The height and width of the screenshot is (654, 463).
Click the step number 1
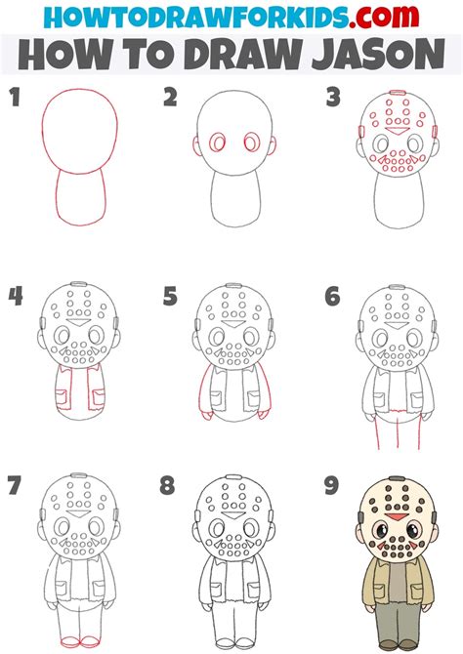pos(16,98)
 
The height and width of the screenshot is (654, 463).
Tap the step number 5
pos(170,296)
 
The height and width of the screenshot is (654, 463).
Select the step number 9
pos(331,485)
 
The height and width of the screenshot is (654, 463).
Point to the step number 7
pos(15,485)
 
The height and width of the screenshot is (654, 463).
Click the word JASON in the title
pos(378,55)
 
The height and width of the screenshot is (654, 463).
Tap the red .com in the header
pos(384,18)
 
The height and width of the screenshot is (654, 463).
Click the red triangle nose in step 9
pos(396,517)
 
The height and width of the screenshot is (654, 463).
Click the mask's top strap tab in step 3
pos(397,93)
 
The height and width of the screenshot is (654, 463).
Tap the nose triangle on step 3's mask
pos(396,131)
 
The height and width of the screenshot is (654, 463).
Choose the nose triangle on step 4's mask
pos(77,322)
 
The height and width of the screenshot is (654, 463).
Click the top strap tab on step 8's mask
pos(232,476)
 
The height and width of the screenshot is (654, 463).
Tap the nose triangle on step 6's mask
pos(396,325)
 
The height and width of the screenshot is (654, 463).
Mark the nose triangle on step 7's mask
pos(77,513)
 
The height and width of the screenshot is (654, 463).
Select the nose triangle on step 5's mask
pos(232,324)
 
